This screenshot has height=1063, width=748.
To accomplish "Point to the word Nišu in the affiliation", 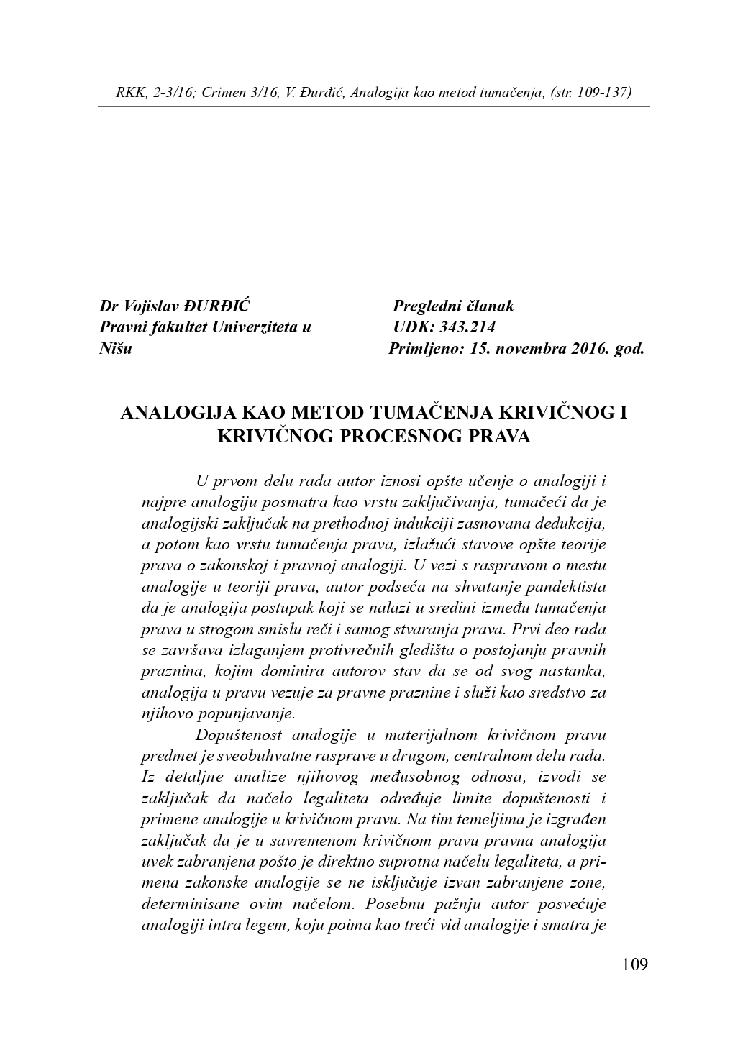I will click(115, 350).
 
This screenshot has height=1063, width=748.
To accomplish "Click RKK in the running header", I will click(129, 93).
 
